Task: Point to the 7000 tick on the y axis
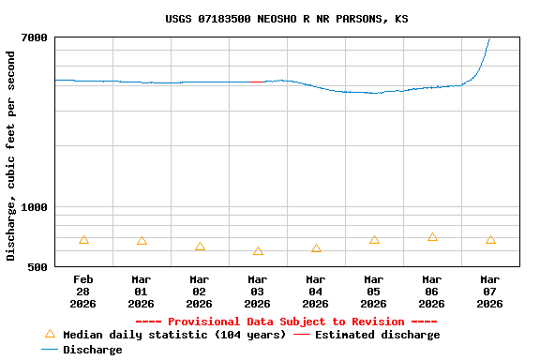point(36,37)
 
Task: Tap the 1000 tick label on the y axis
point(36,207)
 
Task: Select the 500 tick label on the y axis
point(38,267)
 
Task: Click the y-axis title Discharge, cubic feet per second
point(11,156)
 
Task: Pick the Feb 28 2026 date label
point(83,291)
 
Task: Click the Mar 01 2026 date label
point(142,291)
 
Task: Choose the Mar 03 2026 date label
point(258,291)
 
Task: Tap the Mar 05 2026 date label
point(374,291)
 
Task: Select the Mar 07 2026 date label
point(490,291)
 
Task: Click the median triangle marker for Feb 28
point(83,240)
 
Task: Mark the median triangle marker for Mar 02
point(200,247)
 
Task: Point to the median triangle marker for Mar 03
point(258,251)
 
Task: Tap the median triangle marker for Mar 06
point(432,237)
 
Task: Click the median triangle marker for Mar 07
point(490,240)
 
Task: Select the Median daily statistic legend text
point(174,335)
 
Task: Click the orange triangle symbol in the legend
point(51,334)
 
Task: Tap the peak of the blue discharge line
point(489,38)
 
